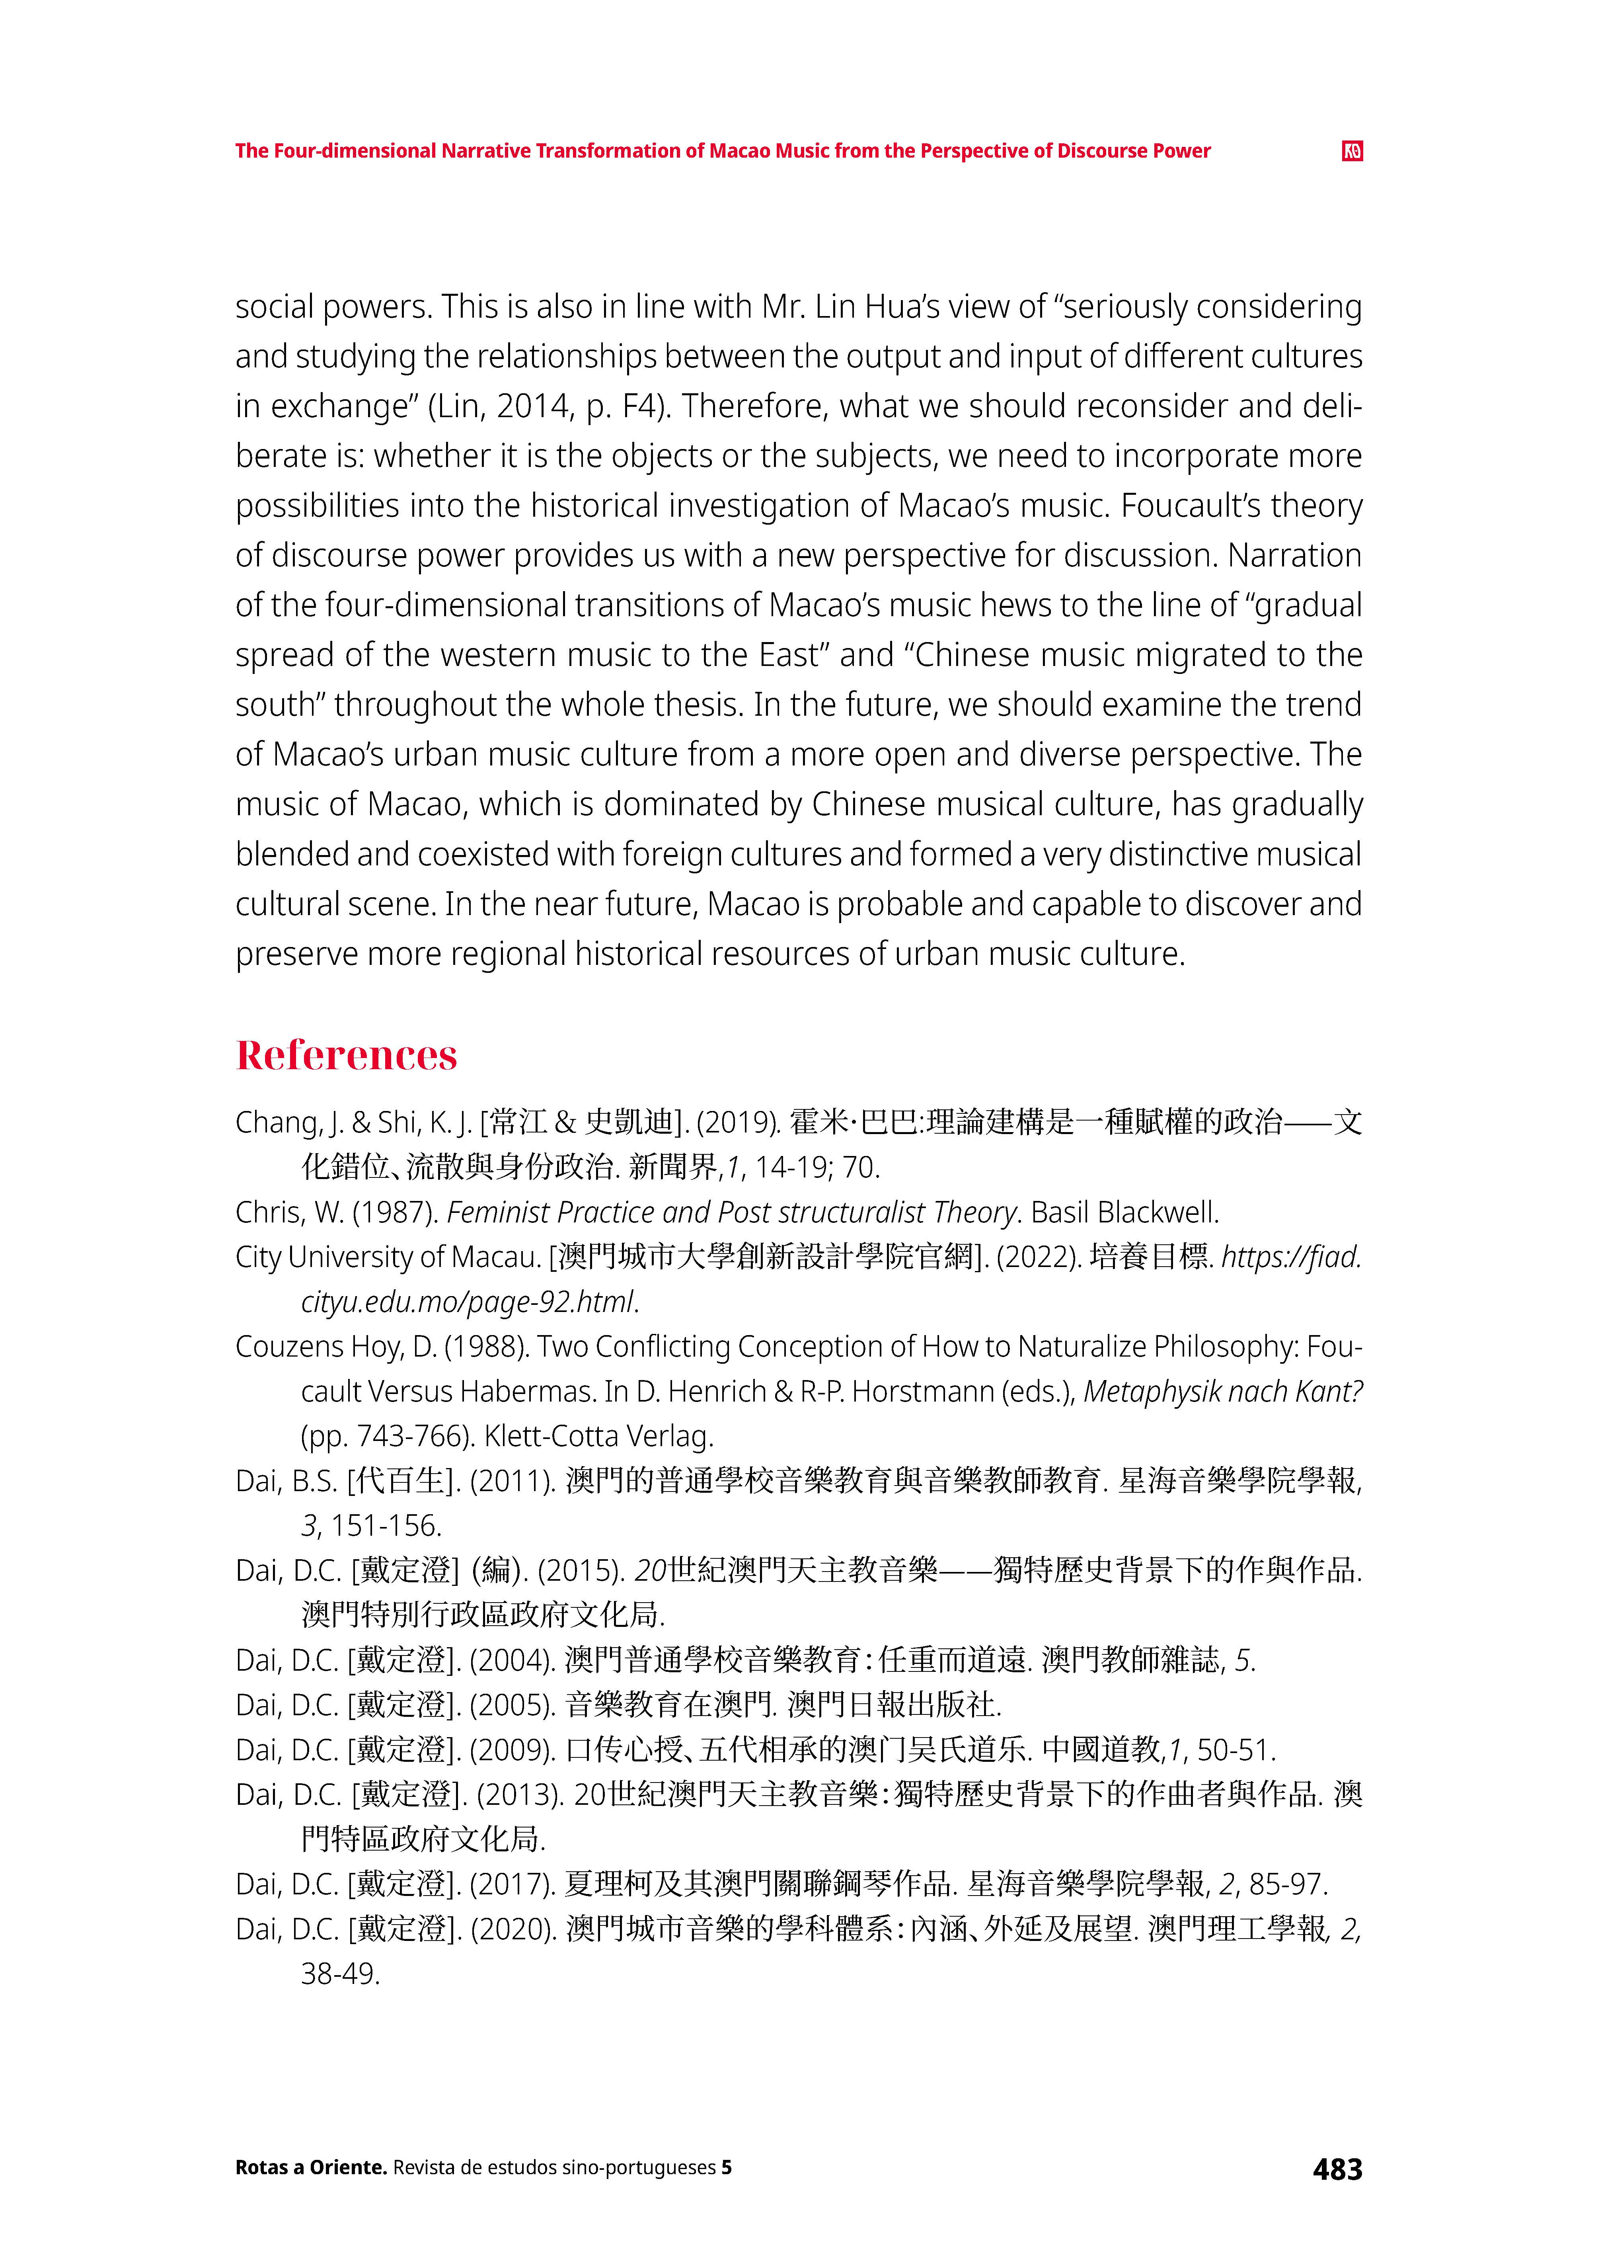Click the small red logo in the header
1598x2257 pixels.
pos(1352,150)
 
